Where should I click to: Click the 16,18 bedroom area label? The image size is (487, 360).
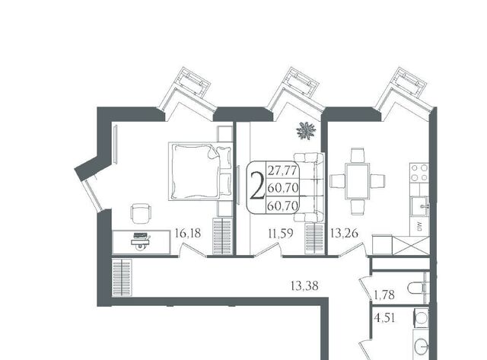[x=188, y=233]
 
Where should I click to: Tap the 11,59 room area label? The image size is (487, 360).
[x=281, y=233]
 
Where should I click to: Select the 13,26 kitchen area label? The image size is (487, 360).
[x=345, y=233]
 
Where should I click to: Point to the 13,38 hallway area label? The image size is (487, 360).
[x=304, y=285]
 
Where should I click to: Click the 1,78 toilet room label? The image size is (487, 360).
[x=384, y=295]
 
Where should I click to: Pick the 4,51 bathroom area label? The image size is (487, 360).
[x=384, y=318]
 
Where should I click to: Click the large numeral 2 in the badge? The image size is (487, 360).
[x=257, y=186]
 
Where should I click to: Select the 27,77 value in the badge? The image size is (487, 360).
[x=282, y=170]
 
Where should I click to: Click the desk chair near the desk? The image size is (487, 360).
[x=141, y=213]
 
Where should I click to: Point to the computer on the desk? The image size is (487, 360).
[x=142, y=240]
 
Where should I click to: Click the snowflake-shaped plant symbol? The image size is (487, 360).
[x=306, y=131]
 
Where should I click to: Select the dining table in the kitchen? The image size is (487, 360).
[x=358, y=181]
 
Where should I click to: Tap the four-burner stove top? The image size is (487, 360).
[x=419, y=173]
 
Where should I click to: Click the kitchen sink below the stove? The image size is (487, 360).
[x=420, y=206]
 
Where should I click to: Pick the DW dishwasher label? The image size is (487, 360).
[x=419, y=225]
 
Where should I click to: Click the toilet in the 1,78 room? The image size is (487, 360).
[x=418, y=288]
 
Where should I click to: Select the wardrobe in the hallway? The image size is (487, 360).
[x=122, y=278]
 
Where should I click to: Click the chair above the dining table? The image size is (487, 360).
[x=358, y=155]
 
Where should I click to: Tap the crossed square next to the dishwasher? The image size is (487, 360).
[x=411, y=245]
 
